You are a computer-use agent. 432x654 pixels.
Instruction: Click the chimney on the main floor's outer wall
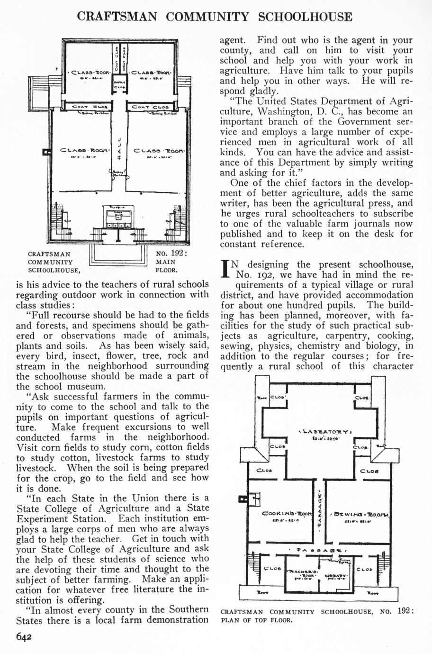[x=46, y=152]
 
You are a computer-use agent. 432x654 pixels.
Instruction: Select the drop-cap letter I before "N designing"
[x=225, y=269]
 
